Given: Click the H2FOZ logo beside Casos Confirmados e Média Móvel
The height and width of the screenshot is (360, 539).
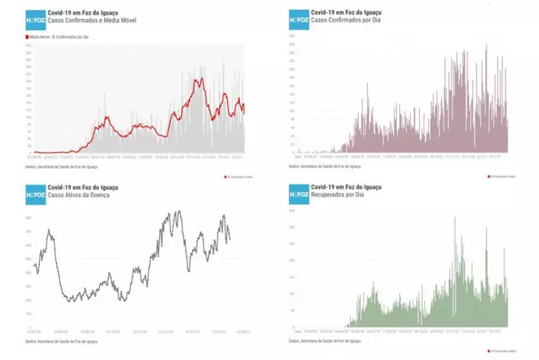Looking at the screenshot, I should (35, 20).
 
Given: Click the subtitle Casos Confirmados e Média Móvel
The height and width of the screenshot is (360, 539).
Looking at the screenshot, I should (91, 21).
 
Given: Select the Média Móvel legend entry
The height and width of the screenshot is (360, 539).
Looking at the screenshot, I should (39, 34).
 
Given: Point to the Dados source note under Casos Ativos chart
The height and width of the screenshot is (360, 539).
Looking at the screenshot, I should (61, 342).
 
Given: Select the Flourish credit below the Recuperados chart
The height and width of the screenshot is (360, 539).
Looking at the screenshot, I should (503, 351).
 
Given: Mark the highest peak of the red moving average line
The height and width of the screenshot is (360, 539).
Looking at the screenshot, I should (199, 78).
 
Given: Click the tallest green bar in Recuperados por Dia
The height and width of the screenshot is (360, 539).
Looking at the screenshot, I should (455, 219).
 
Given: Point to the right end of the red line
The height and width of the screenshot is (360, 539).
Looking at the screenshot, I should (244, 112).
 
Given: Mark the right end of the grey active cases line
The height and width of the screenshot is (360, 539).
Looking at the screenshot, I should (229, 241).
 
